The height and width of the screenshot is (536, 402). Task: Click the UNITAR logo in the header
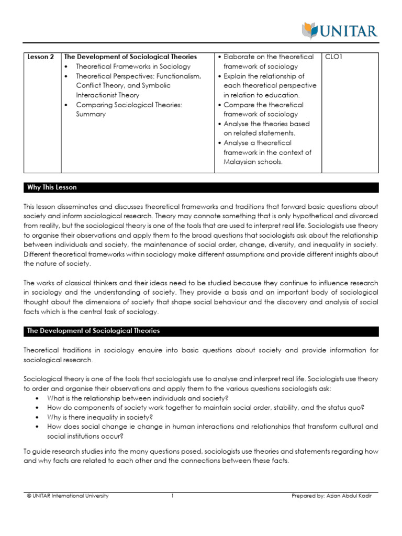[340, 30]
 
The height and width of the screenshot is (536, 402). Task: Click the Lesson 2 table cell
[41, 57]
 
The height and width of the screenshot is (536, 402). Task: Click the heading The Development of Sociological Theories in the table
[130, 57]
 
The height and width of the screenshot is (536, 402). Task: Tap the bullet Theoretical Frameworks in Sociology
[133, 66]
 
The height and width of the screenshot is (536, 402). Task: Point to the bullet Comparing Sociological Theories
[129, 105]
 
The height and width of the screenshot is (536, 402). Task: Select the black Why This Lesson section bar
[201, 187]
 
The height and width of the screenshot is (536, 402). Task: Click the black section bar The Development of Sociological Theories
[201, 331]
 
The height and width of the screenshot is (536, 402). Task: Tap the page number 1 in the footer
[172, 496]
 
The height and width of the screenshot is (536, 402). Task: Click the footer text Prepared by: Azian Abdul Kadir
[334, 496]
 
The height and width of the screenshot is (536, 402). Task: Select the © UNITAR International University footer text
[68, 496]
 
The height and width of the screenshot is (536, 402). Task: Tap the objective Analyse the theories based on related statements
[266, 129]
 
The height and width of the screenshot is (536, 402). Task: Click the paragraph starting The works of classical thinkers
[201, 297]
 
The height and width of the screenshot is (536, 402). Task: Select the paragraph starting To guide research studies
[201, 456]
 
